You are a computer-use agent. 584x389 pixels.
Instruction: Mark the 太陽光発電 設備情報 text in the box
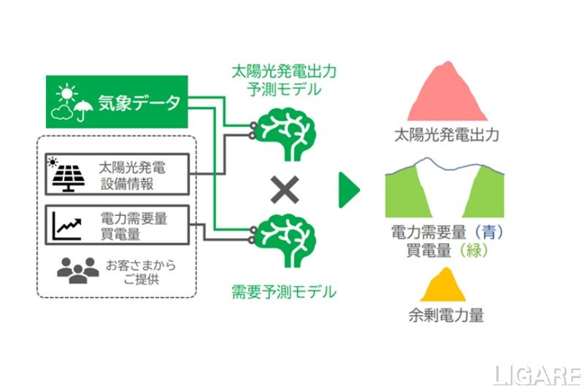point(132,175)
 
